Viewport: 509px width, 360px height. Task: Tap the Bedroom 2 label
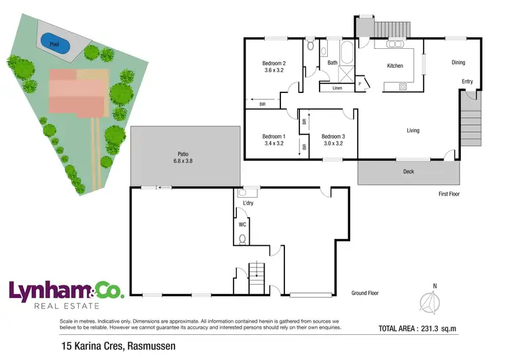(274, 67)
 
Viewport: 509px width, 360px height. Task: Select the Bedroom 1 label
(274, 140)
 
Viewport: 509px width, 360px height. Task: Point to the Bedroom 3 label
(333, 140)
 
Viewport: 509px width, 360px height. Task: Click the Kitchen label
(395, 66)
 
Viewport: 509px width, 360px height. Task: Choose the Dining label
(459, 62)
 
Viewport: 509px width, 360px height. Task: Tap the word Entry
(467, 82)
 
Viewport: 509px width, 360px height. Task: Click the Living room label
(413, 130)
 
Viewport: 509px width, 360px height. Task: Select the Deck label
(408, 171)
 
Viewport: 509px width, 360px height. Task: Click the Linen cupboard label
(337, 88)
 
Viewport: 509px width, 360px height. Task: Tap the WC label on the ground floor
(242, 223)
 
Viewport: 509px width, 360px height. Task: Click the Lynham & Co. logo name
(66, 291)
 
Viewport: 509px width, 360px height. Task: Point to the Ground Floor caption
(364, 293)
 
